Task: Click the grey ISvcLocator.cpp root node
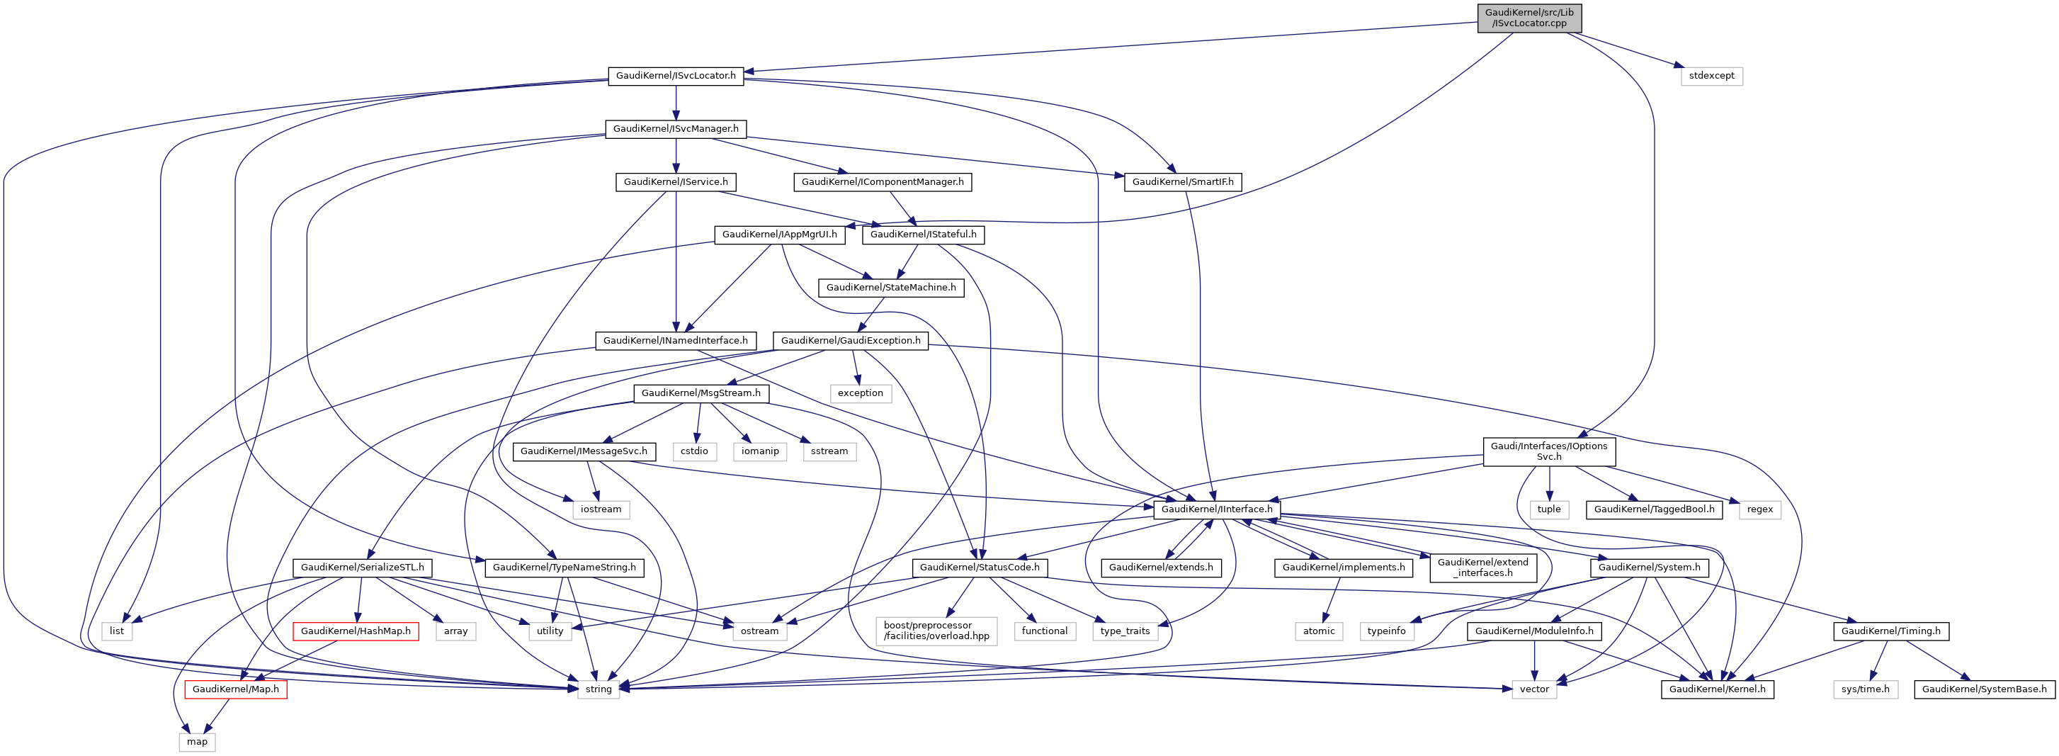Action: coord(1529,18)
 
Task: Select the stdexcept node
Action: coord(1711,76)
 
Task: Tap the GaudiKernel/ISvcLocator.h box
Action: coord(676,76)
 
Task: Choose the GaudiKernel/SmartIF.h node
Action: coord(1182,182)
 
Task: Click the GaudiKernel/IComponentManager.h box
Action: coord(883,182)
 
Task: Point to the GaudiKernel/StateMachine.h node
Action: coord(890,288)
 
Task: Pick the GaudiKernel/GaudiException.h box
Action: coord(851,340)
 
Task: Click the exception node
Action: coord(860,393)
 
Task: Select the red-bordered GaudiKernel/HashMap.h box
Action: coord(356,631)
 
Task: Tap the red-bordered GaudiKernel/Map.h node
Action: coord(236,689)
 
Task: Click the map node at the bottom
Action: coord(198,742)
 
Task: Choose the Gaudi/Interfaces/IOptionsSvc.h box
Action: coord(1548,451)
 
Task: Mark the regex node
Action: coord(1759,509)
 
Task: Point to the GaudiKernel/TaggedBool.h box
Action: coord(1654,509)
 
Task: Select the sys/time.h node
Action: coord(1866,689)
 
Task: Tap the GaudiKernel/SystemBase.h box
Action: coord(1984,689)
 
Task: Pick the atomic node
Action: coord(1319,631)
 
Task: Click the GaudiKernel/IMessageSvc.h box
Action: coord(584,451)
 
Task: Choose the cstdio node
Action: coord(694,451)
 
